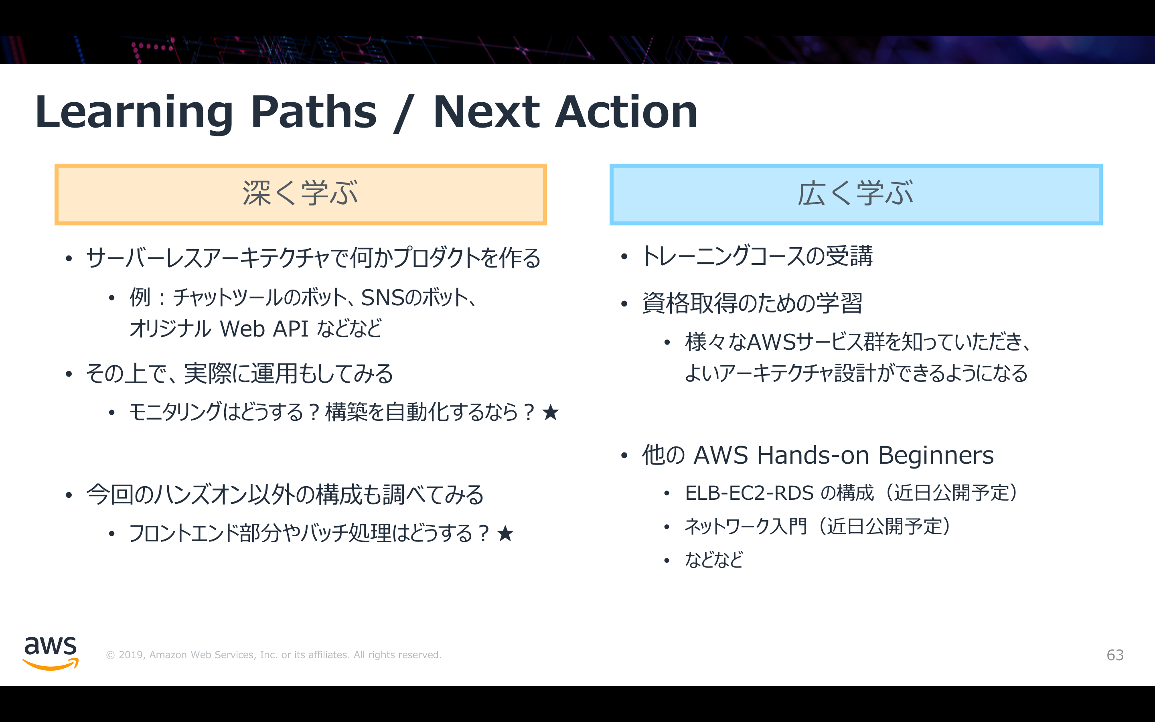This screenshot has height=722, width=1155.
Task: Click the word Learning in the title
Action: pyautogui.click(x=134, y=113)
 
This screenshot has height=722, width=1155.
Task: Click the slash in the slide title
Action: pyautogui.click(x=404, y=114)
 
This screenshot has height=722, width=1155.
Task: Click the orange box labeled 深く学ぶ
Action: pyautogui.click(x=301, y=195)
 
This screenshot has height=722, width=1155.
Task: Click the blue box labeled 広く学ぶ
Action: pyautogui.click(x=856, y=195)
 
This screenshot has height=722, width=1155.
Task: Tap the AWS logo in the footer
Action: pyautogui.click(x=51, y=653)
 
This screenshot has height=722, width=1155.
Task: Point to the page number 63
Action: pyautogui.click(x=1115, y=655)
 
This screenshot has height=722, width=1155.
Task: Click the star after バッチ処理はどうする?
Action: pyautogui.click(x=505, y=533)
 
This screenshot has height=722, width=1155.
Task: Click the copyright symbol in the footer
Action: pyautogui.click(x=110, y=655)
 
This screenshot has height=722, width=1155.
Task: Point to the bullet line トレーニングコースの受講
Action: pyautogui.click(x=758, y=256)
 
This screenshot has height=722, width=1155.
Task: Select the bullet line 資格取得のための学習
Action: pyautogui.click(x=752, y=303)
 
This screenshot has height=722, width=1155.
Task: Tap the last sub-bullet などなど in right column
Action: pyautogui.click(x=714, y=560)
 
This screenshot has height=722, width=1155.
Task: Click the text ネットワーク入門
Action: pyautogui.click(x=746, y=527)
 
